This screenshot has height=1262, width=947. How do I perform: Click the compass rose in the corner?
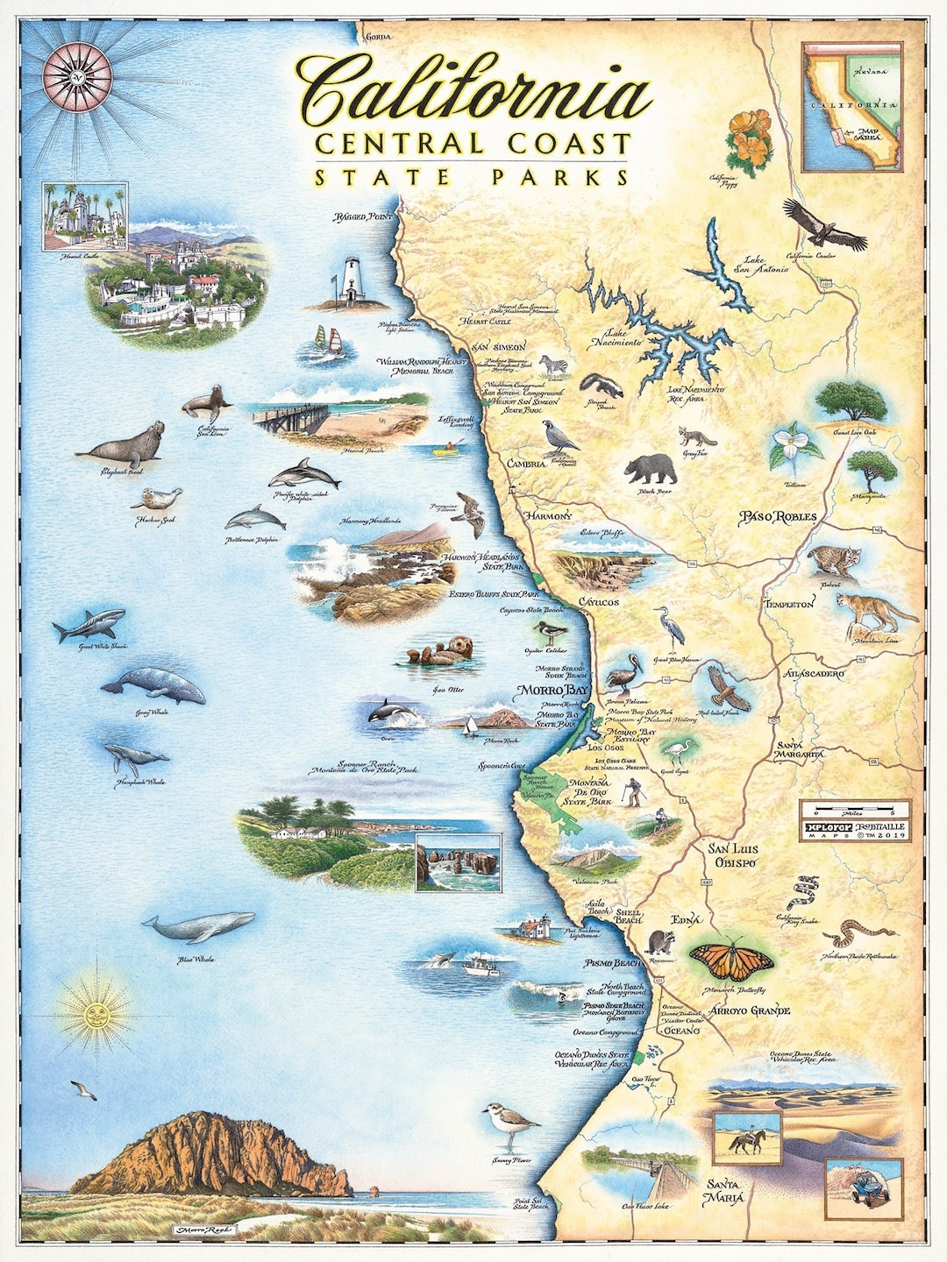[78, 72]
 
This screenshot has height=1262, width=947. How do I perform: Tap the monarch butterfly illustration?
[730, 961]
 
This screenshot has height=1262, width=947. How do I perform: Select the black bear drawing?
[651, 470]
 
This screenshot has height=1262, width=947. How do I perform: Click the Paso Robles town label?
[778, 517]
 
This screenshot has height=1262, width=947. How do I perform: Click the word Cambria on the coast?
[524, 463]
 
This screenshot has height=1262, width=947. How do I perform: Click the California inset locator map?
[851, 107]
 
